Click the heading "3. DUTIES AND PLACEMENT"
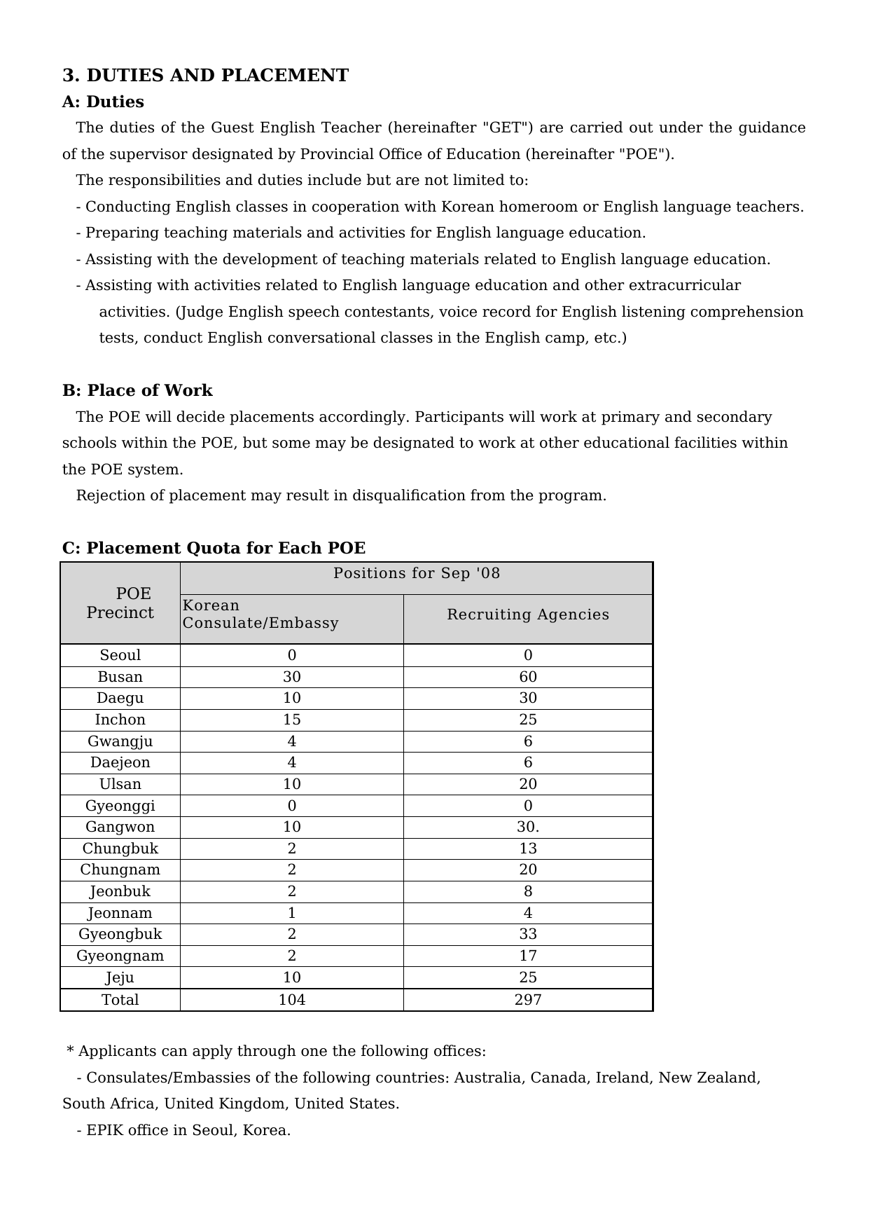coord(205,76)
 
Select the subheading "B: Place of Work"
coord(137,390)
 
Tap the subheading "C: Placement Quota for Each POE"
coord(214,548)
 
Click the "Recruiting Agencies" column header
coord(528,614)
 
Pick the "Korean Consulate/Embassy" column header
coord(260,614)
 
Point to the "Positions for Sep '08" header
coord(417,573)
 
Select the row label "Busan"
coord(120,677)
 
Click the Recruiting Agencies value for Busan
coord(528,677)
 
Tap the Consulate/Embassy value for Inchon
coord(292,720)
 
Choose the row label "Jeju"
coord(120,977)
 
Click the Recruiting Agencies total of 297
coord(528,1000)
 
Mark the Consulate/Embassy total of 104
coord(292,1000)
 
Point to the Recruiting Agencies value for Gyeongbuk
coord(528,934)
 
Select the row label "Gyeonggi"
coord(120,806)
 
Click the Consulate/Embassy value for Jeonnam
coord(292,913)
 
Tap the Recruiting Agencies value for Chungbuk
coord(528,849)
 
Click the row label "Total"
coord(120,1000)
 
